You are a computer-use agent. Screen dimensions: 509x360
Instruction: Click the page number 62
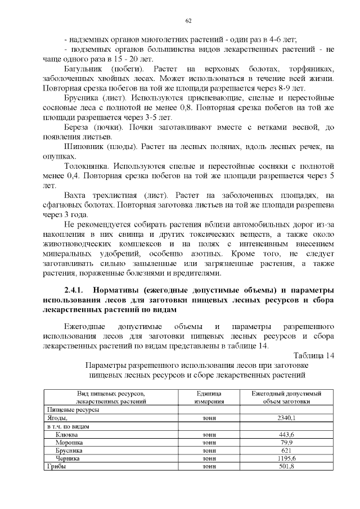click(189, 21)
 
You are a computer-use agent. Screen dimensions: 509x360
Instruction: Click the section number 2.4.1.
click(74, 290)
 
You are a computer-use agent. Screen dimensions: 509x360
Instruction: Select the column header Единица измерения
click(209, 398)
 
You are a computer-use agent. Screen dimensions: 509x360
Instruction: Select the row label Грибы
click(57, 467)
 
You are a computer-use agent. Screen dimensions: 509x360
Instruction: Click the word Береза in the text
click(78, 128)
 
